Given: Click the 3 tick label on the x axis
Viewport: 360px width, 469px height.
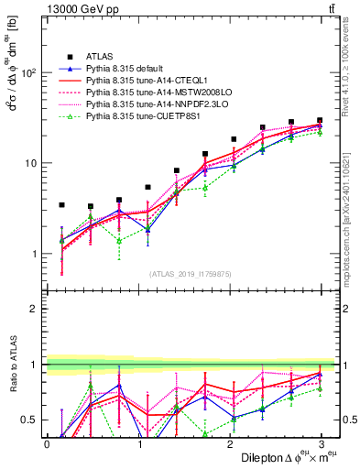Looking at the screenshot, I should click(322, 444).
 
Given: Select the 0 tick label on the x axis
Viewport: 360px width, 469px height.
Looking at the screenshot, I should click(47, 444).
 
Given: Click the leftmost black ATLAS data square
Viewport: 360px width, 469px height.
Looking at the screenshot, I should click(61, 205).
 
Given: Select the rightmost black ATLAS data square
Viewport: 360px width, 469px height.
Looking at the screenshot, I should click(320, 120).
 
